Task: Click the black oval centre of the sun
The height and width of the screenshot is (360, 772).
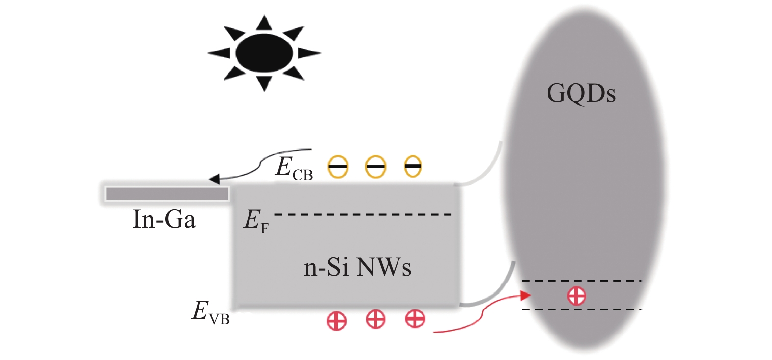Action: [264, 53]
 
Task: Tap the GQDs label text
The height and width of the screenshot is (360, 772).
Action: [581, 94]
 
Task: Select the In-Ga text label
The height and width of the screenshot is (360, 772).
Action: [164, 219]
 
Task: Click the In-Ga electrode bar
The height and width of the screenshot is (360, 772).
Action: [167, 193]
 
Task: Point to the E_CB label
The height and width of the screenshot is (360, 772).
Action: [294, 169]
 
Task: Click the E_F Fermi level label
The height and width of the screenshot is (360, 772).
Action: [256, 221]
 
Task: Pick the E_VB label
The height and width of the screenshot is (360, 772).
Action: [211, 313]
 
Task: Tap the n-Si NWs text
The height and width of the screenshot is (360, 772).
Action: [357, 268]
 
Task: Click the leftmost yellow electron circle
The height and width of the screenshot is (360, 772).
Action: [337, 167]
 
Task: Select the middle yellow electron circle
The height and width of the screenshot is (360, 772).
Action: [375, 167]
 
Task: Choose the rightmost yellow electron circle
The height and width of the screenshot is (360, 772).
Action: [413, 166]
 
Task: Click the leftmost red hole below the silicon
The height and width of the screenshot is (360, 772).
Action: [337, 321]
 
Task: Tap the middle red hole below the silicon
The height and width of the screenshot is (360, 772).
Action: [375, 319]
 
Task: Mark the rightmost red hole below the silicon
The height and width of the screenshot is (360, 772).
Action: [415, 319]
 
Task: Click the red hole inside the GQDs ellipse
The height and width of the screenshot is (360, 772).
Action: [576, 296]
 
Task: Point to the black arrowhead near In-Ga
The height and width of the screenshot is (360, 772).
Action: [214, 179]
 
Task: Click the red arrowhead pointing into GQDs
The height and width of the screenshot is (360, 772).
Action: [525, 296]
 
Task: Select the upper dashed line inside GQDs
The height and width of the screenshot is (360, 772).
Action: [582, 281]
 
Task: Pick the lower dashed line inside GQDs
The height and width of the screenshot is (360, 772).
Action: [582, 309]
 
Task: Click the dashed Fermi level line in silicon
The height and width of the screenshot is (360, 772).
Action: [363, 214]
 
